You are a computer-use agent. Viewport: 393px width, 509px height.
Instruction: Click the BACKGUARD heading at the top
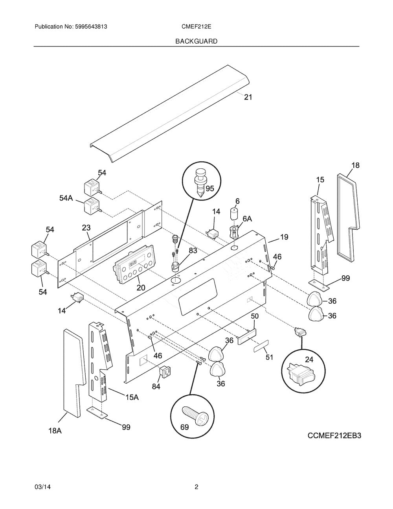click(x=196, y=41)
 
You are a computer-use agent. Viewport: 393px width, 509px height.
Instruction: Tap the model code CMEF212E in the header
click(x=197, y=27)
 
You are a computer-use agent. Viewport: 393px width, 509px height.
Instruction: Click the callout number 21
click(x=248, y=97)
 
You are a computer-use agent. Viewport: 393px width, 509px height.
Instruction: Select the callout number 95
click(x=209, y=188)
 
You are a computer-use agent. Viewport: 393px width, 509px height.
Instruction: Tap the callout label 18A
click(x=55, y=431)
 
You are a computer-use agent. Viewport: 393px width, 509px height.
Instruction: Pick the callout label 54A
click(x=66, y=198)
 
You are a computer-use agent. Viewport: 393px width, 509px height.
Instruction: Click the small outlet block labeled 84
click(x=163, y=371)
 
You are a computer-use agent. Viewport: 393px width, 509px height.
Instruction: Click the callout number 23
click(x=86, y=227)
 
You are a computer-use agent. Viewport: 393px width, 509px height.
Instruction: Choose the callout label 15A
click(x=132, y=398)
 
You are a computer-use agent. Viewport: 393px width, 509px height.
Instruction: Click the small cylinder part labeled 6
click(x=234, y=215)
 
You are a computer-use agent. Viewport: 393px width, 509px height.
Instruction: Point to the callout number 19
click(x=284, y=237)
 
